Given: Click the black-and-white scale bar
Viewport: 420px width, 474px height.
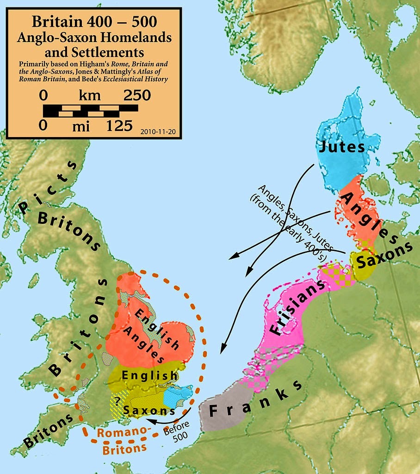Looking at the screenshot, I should click(90, 111).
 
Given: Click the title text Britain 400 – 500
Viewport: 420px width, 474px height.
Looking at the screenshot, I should click(94, 22).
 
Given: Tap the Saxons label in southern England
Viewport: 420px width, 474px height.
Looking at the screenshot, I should click(149, 410).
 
